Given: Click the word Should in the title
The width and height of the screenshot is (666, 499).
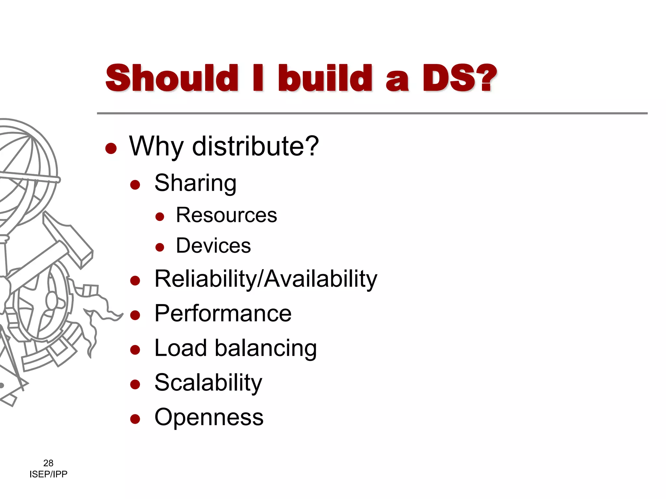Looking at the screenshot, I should (x=172, y=78).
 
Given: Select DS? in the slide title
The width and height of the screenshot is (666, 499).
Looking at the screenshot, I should (x=460, y=78).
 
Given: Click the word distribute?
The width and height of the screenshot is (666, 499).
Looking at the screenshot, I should (x=256, y=146).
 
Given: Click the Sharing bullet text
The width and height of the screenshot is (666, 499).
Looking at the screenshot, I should (x=195, y=184).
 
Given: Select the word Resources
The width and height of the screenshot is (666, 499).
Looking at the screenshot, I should (x=226, y=215).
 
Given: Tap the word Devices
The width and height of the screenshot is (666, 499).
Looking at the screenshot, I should (x=213, y=246).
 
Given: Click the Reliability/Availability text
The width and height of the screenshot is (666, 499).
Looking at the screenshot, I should (x=266, y=279).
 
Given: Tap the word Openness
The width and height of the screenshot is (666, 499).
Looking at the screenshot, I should (x=209, y=417).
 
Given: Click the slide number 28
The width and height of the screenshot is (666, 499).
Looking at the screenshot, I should (x=48, y=463).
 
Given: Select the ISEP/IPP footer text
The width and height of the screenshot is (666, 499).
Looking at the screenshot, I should (x=48, y=474).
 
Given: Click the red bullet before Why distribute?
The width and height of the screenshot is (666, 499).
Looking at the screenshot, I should (x=111, y=148).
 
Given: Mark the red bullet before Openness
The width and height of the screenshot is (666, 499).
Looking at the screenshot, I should (x=135, y=419).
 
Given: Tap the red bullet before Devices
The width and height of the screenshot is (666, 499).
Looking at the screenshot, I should (x=160, y=248).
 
